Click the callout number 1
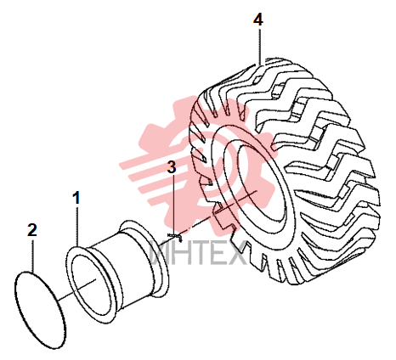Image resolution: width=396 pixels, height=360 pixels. coord(76,198)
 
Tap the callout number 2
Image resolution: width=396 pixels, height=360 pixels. coord(32,230)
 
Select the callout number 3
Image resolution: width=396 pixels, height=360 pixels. coord(172,167)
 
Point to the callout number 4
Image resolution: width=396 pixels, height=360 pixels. coord(258,20)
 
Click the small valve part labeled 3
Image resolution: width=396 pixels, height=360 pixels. coord(175,237)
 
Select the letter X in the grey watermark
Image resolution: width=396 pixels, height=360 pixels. coord(236,253)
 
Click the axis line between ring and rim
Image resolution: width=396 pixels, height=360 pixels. coord(76,290)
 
